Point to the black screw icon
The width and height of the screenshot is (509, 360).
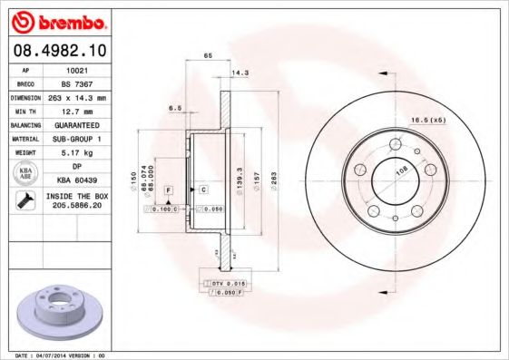(21, 201)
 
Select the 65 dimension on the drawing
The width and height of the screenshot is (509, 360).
(208, 56)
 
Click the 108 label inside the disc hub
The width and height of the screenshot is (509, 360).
(400, 169)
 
